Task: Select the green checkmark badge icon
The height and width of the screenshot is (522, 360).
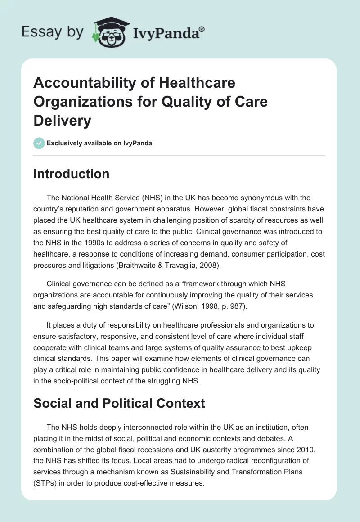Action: pyautogui.click(x=39, y=143)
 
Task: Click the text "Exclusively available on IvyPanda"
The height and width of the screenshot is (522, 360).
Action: pyautogui.click(x=99, y=143)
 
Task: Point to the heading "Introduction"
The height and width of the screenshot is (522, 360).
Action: pyautogui.click(x=71, y=174)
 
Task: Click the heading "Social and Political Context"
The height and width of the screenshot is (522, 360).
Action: pyautogui.click(x=119, y=403)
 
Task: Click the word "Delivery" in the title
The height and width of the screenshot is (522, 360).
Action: pyautogui.click(x=62, y=121)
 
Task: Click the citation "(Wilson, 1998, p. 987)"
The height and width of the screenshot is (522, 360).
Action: pyautogui.click(x=224, y=306)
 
